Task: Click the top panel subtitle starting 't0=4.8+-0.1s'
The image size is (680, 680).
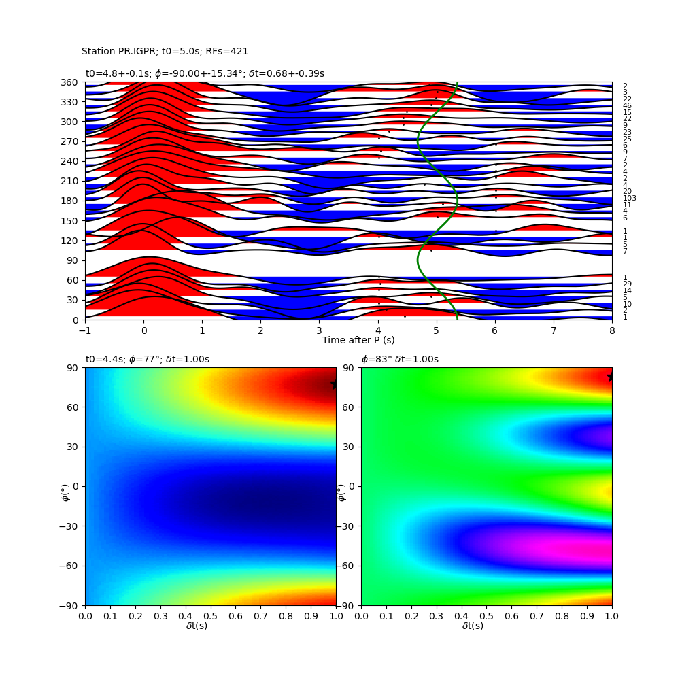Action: coord(205,73)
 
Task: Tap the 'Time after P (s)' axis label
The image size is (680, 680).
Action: coord(358,340)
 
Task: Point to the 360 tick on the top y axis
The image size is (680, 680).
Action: coord(69,82)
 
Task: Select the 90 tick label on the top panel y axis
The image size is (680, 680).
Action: coord(73,260)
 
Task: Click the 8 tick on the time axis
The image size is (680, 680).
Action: coord(612,330)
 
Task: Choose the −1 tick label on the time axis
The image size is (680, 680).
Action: coord(85,330)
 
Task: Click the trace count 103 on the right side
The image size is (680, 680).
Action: coord(629,198)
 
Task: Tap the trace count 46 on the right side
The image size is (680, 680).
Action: coord(627,105)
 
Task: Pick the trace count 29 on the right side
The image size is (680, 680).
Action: coord(627,284)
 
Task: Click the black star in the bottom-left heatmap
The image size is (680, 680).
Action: coord(334,385)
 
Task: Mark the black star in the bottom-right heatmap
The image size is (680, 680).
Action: coord(610,377)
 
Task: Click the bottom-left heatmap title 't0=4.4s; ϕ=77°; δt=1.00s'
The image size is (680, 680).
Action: coord(148,359)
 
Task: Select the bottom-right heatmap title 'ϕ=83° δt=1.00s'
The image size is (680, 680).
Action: coord(400,359)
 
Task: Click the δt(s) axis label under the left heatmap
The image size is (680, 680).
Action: coord(197,626)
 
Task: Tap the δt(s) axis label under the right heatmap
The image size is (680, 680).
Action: coord(473,626)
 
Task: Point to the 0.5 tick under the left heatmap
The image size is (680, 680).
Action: coord(211,616)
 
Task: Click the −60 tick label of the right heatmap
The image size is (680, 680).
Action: coord(345,566)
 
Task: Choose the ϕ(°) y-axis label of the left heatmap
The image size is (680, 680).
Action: coord(65,494)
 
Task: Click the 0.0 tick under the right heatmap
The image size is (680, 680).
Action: coord(361,616)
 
